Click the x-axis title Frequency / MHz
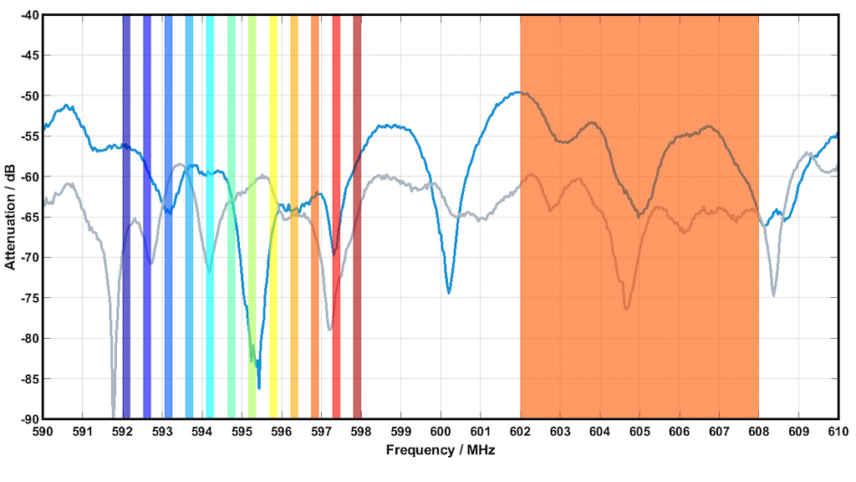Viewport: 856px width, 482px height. pyautogui.click(x=441, y=450)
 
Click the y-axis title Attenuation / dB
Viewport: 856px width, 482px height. pyautogui.click(x=10, y=217)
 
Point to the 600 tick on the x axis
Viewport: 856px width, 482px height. pyautogui.click(x=441, y=419)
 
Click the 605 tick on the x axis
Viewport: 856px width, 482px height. pyautogui.click(x=639, y=419)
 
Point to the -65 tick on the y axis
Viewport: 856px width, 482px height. pyautogui.click(x=43, y=217)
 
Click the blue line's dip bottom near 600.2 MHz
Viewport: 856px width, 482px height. pyautogui.click(x=449, y=292)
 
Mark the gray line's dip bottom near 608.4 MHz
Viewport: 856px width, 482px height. pyautogui.click(x=774, y=295)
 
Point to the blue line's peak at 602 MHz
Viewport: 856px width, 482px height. pyautogui.click(x=520, y=92)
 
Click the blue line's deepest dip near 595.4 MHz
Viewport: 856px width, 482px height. pyautogui.click(x=259, y=387)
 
